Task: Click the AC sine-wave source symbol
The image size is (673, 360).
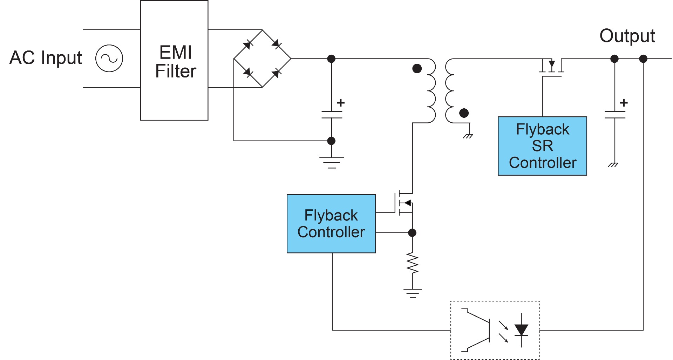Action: (x=109, y=58)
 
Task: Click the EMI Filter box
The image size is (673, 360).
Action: (x=174, y=60)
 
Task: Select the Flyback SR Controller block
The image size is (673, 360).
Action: (x=542, y=146)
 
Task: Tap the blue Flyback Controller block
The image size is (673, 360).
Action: (x=331, y=224)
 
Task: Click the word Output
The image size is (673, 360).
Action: (x=627, y=36)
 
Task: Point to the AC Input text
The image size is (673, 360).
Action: (x=46, y=57)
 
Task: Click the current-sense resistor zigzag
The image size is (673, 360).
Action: (x=413, y=263)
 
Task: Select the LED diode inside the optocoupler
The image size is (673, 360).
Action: (x=521, y=330)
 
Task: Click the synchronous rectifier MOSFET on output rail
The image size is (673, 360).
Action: (x=552, y=67)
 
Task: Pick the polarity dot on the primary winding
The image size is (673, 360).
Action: (x=417, y=68)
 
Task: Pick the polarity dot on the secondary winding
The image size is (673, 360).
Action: (x=464, y=113)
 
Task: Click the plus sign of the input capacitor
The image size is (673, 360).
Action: (x=340, y=103)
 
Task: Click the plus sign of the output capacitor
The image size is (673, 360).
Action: (x=624, y=103)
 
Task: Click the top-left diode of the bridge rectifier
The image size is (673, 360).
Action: (x=248, y=44)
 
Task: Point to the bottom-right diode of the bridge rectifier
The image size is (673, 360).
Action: (x=276, y=73)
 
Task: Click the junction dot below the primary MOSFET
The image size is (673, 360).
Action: (x=413, y=232)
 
